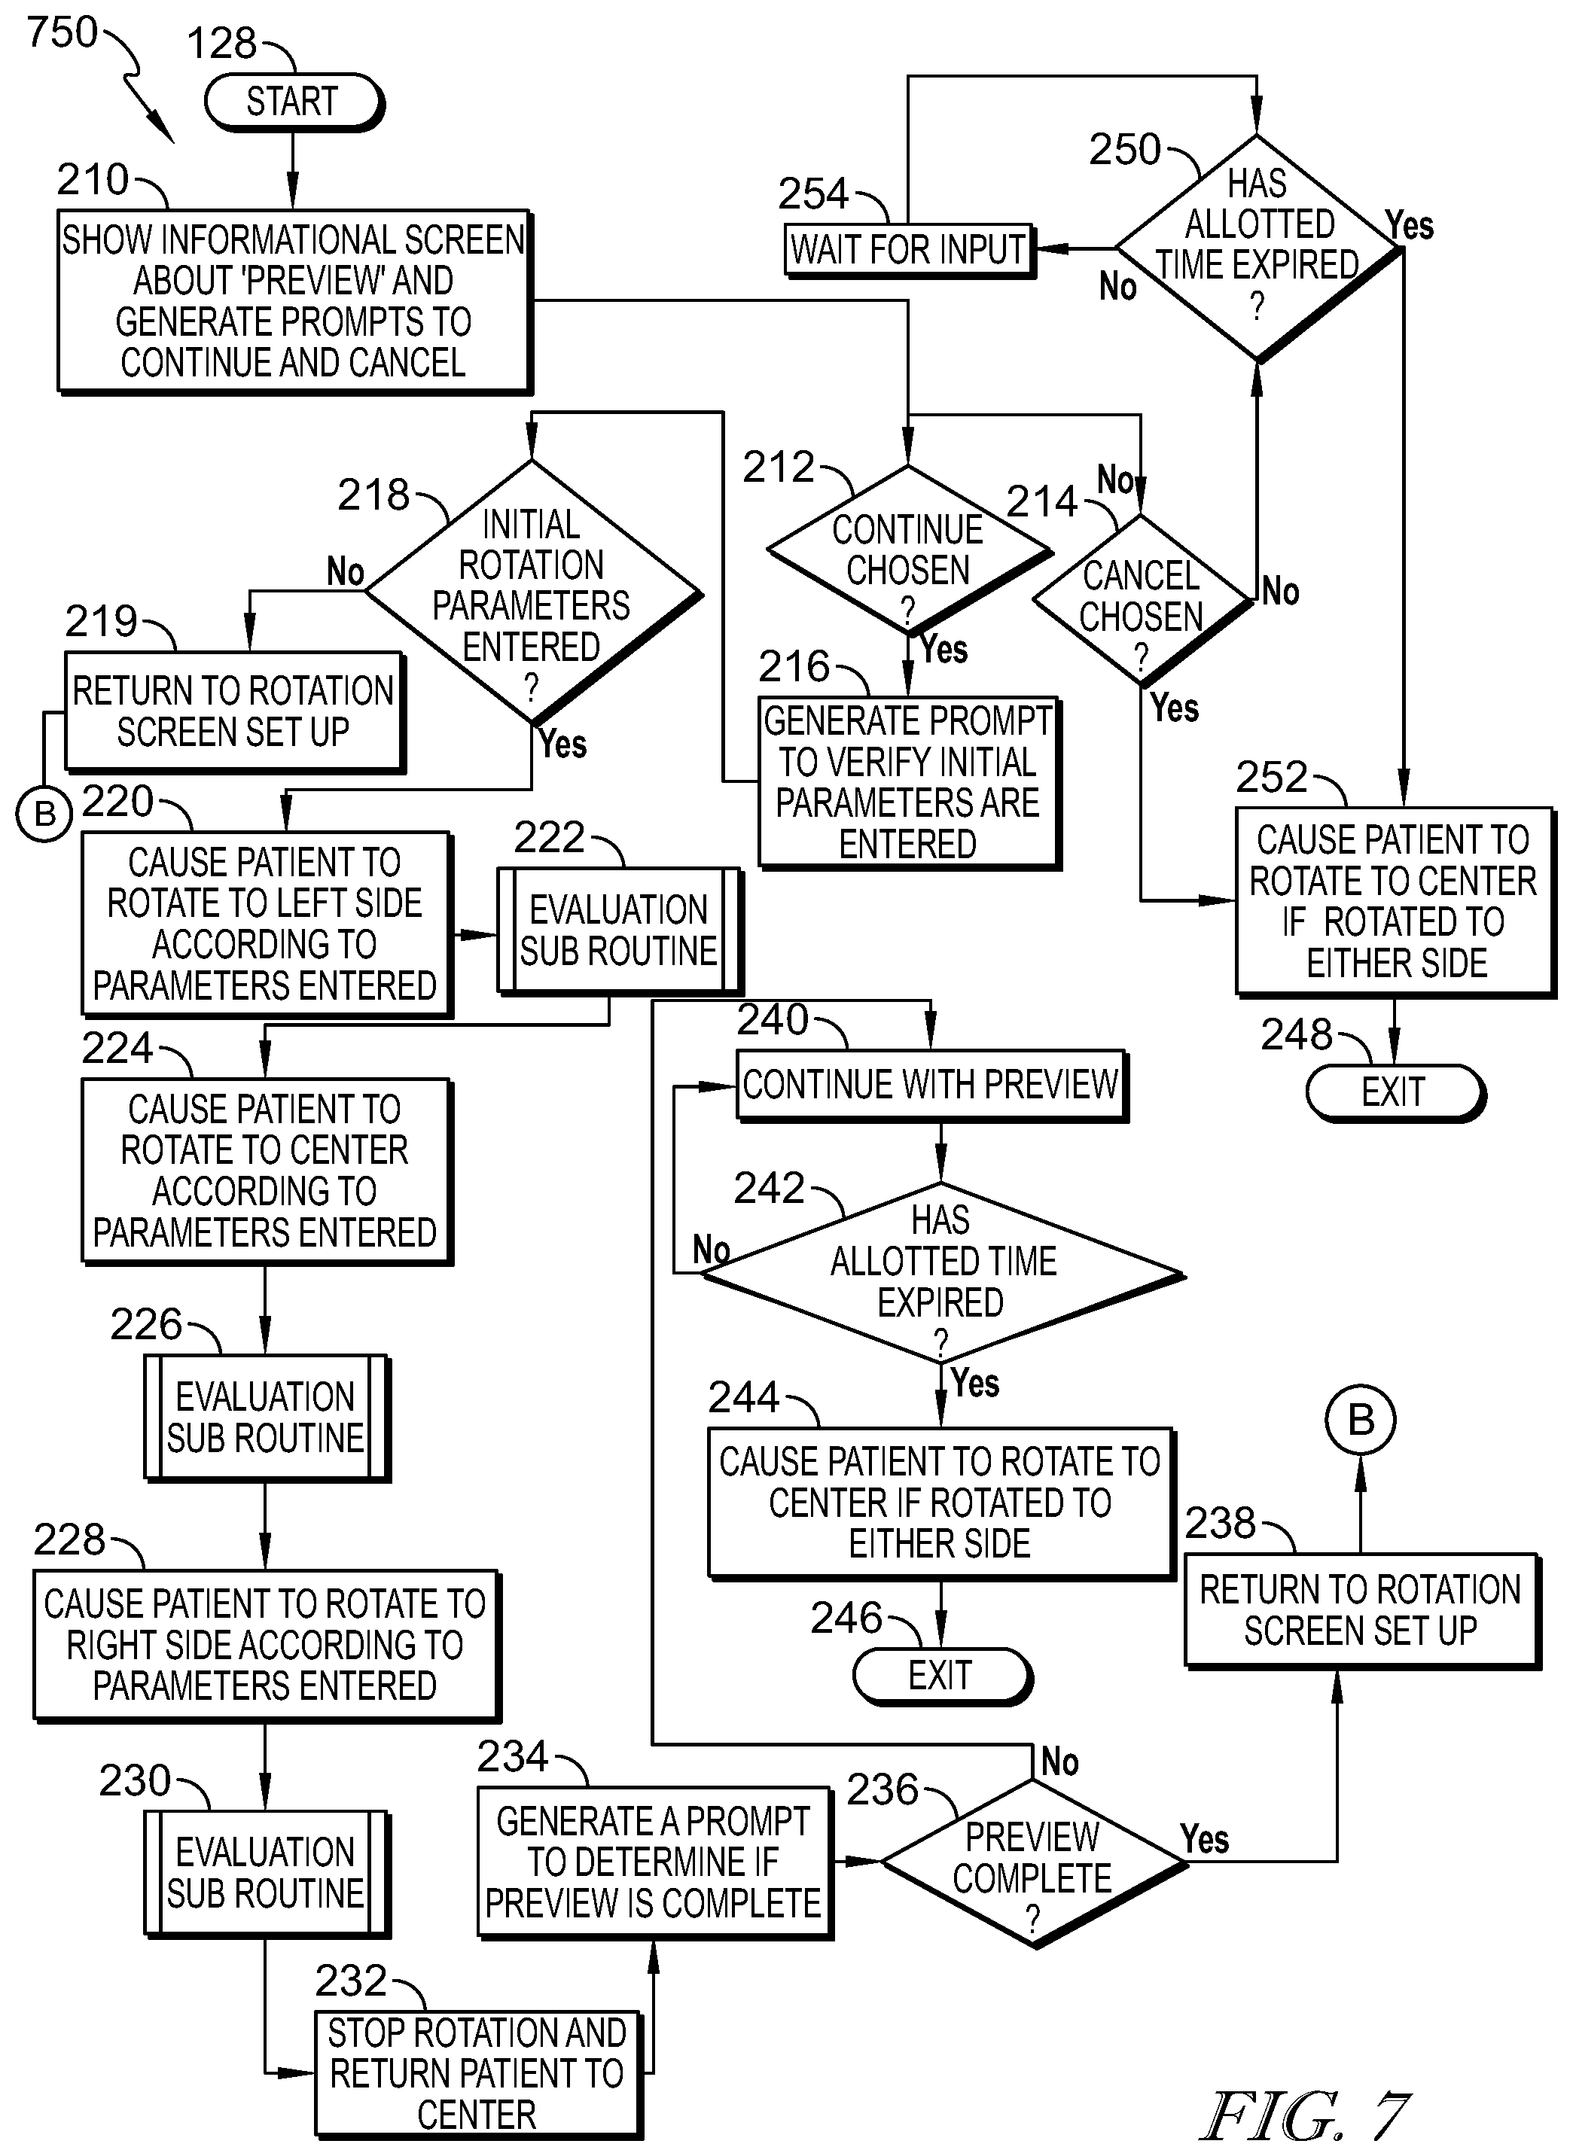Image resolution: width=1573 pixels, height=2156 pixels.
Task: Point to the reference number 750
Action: pos(62,32)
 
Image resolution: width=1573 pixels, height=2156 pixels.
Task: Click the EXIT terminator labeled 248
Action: pos(1395,1092)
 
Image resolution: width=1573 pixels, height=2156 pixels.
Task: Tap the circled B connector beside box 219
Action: pos(44,815)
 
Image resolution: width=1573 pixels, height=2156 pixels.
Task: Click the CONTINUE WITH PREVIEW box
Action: pos(932,1085)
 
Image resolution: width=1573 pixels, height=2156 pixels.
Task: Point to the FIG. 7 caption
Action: pos(1306,2117)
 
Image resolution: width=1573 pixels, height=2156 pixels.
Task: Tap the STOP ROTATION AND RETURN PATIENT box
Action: pos(478,2074)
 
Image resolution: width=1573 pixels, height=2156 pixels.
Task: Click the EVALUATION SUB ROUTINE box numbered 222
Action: pos(619,931)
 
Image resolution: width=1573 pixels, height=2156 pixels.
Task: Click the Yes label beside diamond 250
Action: pos(1410,226)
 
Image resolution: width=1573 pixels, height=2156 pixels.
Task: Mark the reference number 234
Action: pos(514,1756)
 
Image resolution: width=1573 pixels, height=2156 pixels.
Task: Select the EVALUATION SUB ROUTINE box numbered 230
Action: pos(267,1873)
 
